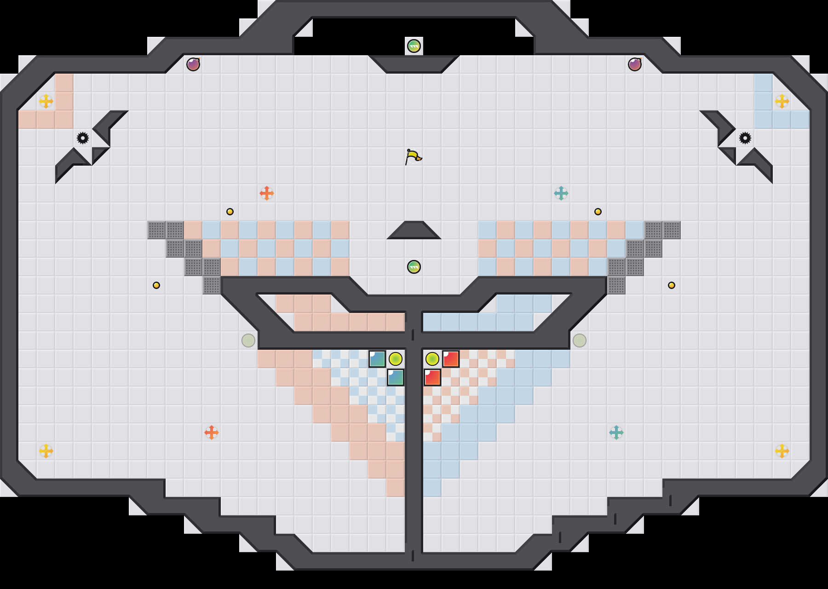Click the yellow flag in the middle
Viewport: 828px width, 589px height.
coord(413,156)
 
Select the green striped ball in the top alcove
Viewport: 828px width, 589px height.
coord(414,46)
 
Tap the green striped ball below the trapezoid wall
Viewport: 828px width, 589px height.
coord(414,267)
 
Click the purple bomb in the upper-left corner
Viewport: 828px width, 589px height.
coord(193,64)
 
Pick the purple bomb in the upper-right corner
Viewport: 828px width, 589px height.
coord(635,64)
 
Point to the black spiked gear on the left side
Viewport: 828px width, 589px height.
coord(83,138)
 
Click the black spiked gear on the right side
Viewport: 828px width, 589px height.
coord(745,138)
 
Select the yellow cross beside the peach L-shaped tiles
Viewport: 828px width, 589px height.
coord(46,101)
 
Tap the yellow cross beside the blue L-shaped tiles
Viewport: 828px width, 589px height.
coord(782,101)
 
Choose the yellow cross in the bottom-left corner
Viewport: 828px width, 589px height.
coord(46,451)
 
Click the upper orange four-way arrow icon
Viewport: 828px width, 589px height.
coord(267,193)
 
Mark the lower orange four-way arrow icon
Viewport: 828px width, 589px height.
coord(212,433)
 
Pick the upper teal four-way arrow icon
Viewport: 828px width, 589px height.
coord(561,193)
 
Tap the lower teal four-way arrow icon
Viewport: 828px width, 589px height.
coord(616,433)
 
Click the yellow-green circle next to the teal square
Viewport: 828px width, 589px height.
coord(396,359)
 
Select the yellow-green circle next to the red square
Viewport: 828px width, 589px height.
coord(432,359)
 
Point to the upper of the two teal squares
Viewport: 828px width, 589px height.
coord(377,359)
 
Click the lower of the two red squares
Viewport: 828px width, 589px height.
coord(432,377)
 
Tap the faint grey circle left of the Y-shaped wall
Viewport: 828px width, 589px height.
coord(248,341)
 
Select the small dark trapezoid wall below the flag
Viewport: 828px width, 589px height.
coord(414,231)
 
